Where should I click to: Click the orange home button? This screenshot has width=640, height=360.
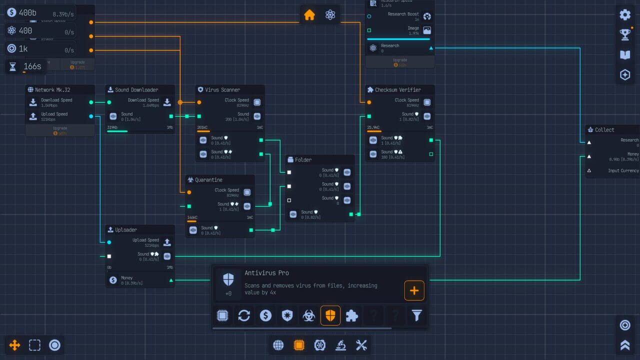[309, 15]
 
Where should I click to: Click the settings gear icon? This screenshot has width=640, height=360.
[625, 14]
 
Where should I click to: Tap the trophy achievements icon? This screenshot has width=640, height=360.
[625, 34]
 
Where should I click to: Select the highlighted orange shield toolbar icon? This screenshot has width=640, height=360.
[330, 315]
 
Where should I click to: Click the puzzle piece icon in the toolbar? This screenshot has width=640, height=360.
[352, 315]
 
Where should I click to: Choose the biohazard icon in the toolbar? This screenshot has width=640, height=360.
[308, 315]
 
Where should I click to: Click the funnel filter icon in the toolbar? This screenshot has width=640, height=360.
[416, 315]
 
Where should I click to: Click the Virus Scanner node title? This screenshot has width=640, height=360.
[222, 90]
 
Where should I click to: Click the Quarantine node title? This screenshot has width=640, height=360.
[208, 180]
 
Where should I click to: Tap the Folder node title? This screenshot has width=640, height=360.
[303, 160]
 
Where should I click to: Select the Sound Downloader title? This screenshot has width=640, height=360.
[136, 90]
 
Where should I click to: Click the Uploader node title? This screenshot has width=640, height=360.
[125, 230]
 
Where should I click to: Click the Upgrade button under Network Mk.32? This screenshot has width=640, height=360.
[60, 130]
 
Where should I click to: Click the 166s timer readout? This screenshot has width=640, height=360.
[32, 66]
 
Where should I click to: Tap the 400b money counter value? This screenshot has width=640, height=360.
[27, 13]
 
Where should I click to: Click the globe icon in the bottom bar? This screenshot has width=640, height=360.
[278, 345]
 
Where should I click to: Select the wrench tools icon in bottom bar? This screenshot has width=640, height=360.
[361, 345]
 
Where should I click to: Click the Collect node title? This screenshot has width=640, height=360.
[604, 130]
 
